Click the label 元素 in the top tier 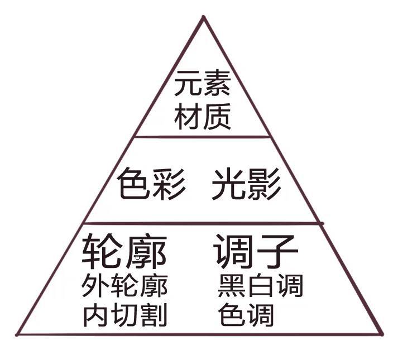click(202, 85)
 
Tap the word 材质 click(202, 118)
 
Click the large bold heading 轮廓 click(124, 252)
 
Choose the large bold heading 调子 click(255, 252)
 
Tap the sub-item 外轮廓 click(124, 286)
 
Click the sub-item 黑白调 click(260, 286)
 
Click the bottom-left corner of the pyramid click(17, 335)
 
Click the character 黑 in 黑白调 click(231, 286)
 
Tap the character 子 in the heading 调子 click(277, 252)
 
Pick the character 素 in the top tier click(217, 85)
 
